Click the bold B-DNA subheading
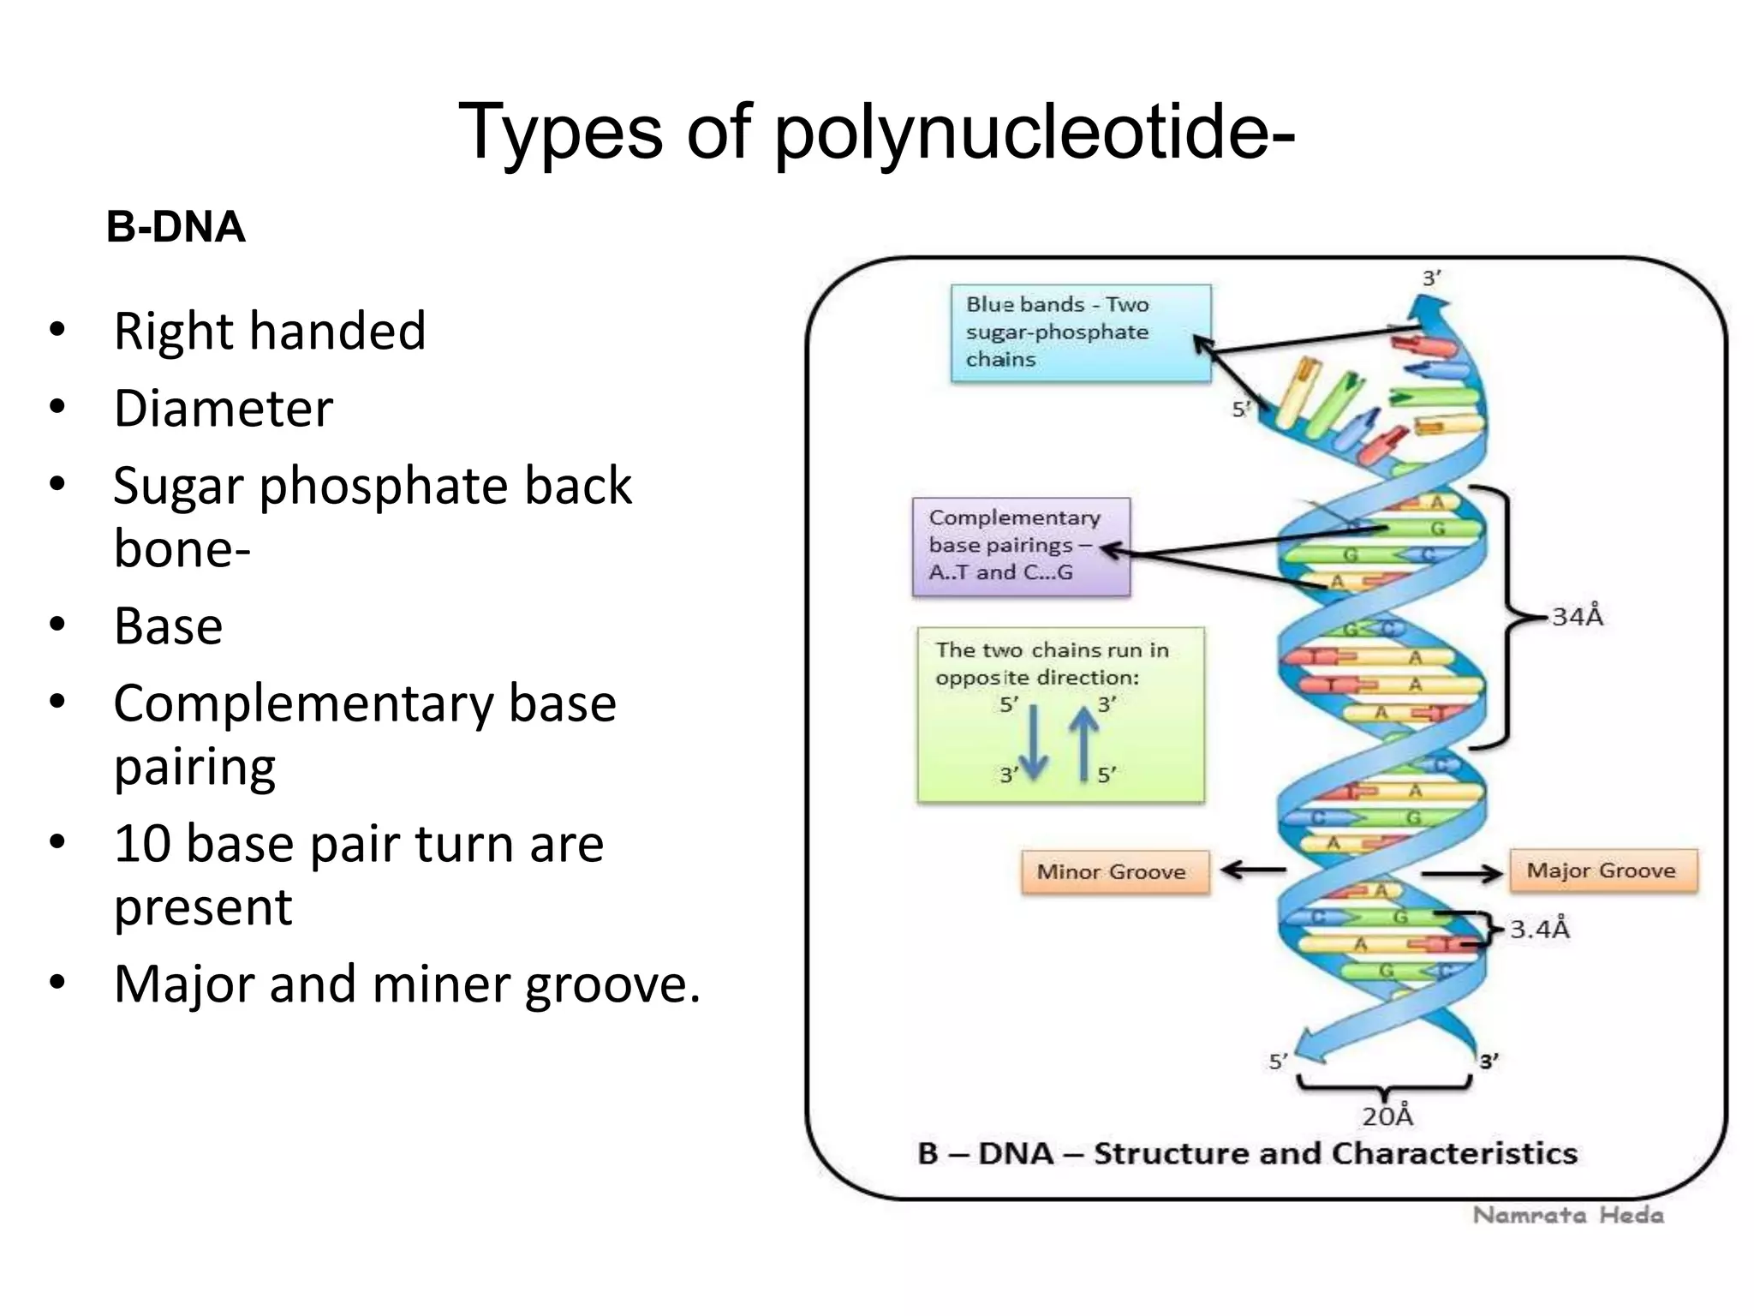pyautogui.click(x=176, y=228)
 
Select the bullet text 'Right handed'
pyautogui.click(x=269, y=332)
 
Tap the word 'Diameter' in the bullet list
pyautogui.click(x=223, y=409)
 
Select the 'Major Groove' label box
pyautogui.click(x=1602, y=870)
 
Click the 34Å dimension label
pyautogui.click(x=1577, y=617)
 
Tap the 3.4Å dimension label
pyautogui.click(x=1539, y=930)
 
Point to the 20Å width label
pyautogui.click(x=1387, y=1116)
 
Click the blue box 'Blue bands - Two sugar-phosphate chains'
pyautogui.click(x=1080, y=332)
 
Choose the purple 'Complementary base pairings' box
pyautogui.click(x=1020, y=546)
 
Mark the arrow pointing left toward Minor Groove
pyautogui.click(x=1253, y=870)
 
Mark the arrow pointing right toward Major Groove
pyautogui.click(x=1461, y=873)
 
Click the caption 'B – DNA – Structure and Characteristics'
pyautogui.click(x=1247, y=1154)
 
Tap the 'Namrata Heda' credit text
pyautogui.click(x=1568, y=1215)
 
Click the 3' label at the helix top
pyautogui.click(x=1431, y=278)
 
